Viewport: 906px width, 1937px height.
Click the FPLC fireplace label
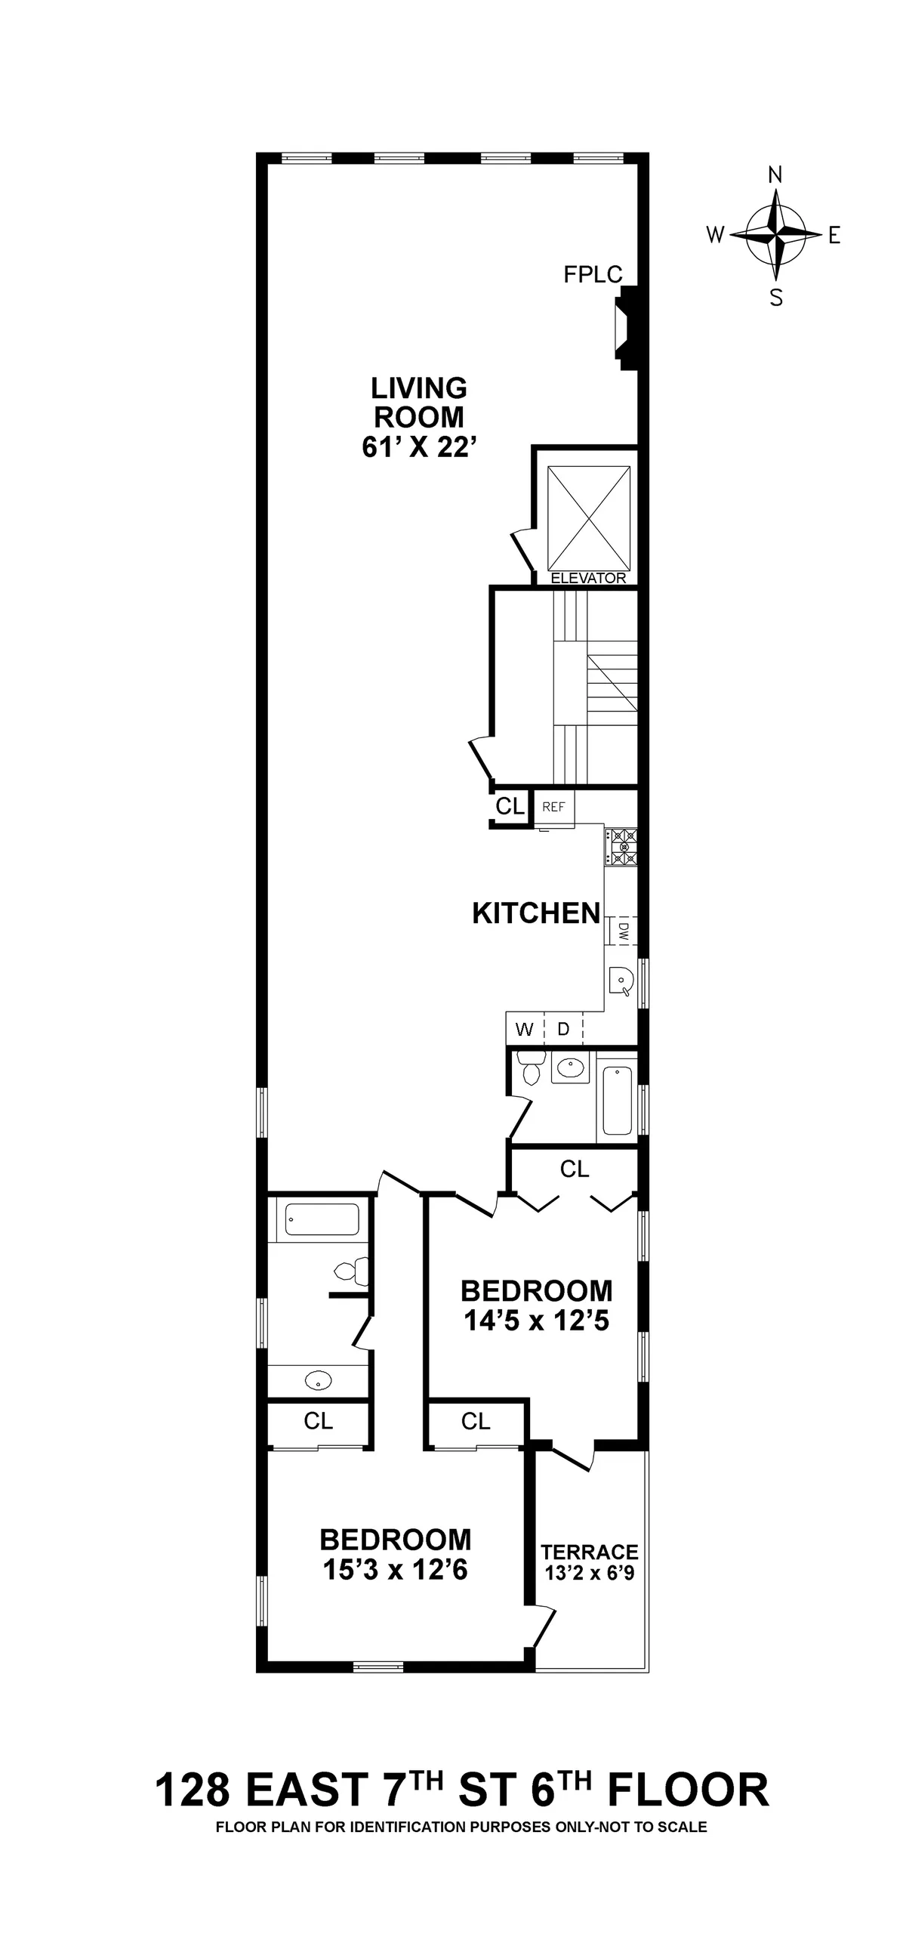593,274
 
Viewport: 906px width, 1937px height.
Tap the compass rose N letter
775,175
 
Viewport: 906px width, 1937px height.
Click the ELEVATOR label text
588,579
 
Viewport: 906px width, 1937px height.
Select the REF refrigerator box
553,807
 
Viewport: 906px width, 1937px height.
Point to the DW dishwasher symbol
623,930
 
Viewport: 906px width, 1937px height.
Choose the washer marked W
525,1029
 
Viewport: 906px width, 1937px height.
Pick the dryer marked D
563,1029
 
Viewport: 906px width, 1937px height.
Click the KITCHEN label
536,913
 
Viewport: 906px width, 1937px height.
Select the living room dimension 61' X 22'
419,447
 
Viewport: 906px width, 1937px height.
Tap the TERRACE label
589,1552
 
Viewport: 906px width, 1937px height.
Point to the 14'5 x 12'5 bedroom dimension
536,1321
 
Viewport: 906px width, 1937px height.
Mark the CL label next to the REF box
510,807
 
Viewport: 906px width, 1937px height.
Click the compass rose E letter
834,236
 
